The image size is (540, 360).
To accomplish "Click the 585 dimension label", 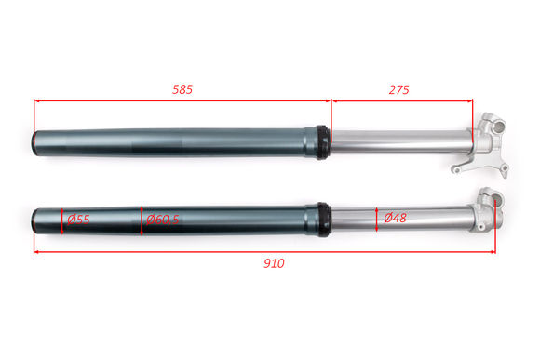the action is pos(182,89).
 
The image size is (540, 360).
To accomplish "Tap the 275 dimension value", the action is pos(398,90).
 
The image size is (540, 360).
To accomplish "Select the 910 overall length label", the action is pos(274,263).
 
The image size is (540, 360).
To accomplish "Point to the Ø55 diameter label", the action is pos(78,220).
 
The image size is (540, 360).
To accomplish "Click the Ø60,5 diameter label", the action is pos(163,220).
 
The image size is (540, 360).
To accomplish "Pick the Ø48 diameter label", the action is pos(395,218).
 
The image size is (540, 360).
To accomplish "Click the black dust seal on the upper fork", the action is pos(323,142).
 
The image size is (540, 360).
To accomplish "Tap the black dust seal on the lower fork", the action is pos(324,220).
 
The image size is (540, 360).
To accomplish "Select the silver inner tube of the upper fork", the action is pos(401,141).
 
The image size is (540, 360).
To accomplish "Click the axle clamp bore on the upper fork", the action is pos(498,127).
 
